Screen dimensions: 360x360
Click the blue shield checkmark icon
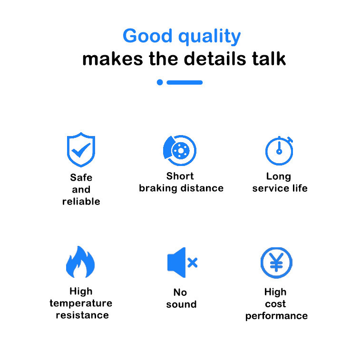pos(81,149)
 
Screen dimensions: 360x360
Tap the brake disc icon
pos(180,150)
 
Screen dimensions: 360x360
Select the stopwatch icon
pos(279,151)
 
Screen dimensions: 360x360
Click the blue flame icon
pos(80,262)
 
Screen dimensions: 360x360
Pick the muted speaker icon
pos(182,263)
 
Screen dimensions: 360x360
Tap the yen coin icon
pos(276,263)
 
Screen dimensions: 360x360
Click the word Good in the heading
pos(147,36)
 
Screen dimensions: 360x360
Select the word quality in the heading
pos(209,36)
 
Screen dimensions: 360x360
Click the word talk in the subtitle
pos(269,59)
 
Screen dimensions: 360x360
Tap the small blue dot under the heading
pos(160,82)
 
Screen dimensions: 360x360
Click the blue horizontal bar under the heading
pos(185,82)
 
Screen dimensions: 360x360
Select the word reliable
pos(81,201)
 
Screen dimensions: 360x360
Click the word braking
pos(158,188)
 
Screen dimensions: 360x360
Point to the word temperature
pos(81,303)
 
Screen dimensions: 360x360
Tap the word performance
pos(276,316)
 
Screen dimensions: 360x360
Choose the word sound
pos(181,304)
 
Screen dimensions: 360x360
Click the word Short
pos(180,176)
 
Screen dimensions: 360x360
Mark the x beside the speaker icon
pos(193,263)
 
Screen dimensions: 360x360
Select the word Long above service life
pos(279,176)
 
